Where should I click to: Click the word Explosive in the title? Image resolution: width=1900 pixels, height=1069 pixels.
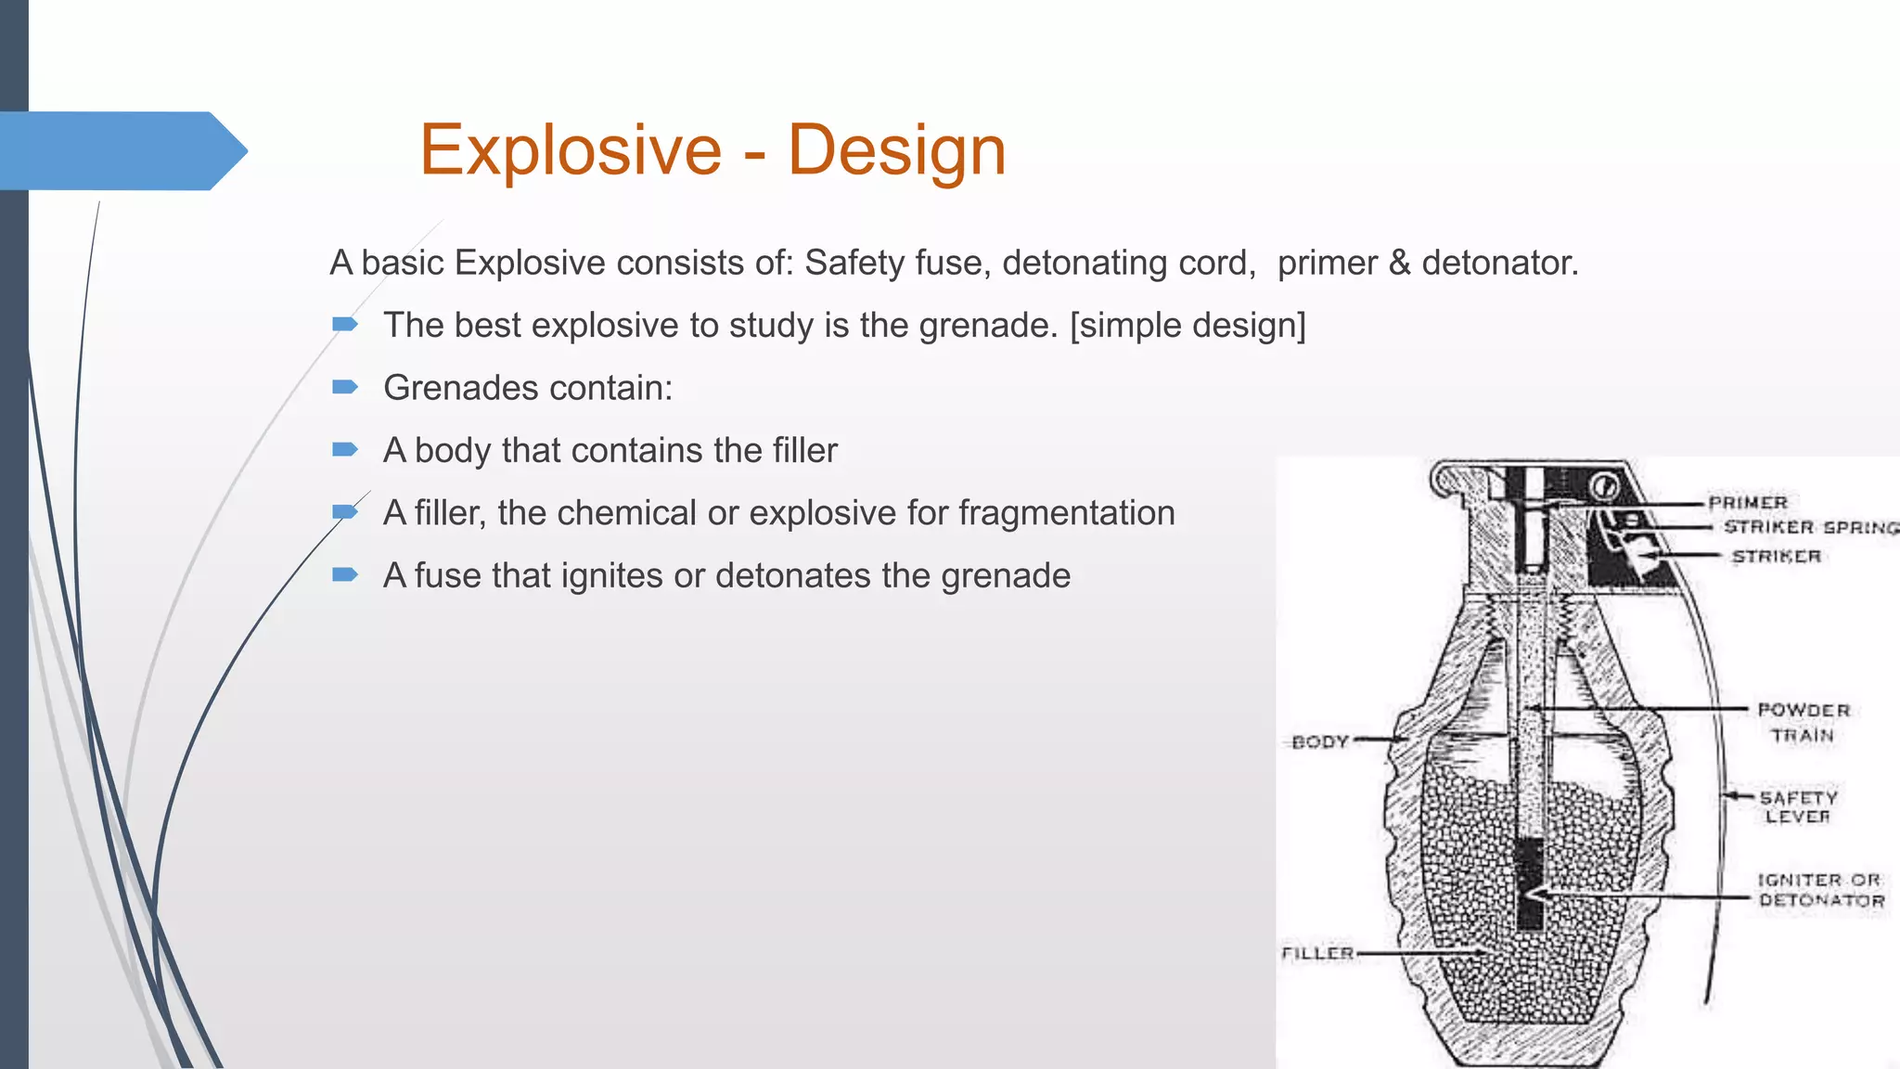[x=570, y=150]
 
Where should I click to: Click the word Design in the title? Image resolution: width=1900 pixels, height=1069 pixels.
[x=896, y=150]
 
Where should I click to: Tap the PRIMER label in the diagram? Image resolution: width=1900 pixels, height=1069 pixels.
[x=1748, y=502]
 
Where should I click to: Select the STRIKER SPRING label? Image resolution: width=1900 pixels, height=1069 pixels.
[x=1810, y=527]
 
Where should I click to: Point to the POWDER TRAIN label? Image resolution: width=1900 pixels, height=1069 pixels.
[x=1803, y=723]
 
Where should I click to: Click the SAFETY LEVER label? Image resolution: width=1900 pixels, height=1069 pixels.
[x=1798, y=807]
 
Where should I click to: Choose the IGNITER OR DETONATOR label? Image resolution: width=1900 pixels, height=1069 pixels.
[x=1821, y=890]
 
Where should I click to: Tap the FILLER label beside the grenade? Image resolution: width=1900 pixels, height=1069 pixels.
[x=1317, y=953]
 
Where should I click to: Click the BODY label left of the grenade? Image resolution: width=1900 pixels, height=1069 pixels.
[x=1319, y=741]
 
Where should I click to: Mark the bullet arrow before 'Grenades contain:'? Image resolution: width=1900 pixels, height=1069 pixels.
[x=345, y=387]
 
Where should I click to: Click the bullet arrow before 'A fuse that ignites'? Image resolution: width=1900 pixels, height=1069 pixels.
[x=345, y=574]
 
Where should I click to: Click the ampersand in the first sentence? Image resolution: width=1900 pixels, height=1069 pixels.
[x=1399, y=264]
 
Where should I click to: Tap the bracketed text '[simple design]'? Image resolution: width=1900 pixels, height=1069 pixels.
[x=1187, y=326]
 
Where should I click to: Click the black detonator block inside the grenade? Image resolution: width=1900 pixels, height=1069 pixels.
[x=1530, y=882]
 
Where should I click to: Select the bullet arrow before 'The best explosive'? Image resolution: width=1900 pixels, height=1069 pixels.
[x=345, y=324]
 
